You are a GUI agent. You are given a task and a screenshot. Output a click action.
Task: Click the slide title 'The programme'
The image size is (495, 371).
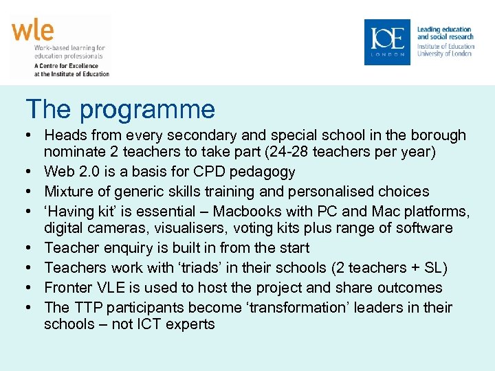(120, 109)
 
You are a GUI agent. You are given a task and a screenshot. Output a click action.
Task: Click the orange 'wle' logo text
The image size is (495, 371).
(32, 32)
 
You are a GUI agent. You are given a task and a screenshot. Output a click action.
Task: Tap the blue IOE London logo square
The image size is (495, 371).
(386, 42)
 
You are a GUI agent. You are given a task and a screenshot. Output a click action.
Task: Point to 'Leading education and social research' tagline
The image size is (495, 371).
(445, 33)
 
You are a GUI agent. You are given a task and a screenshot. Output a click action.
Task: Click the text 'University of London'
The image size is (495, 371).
(444, 54)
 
